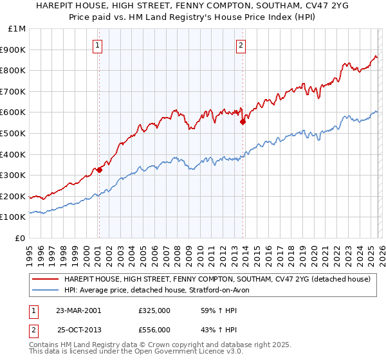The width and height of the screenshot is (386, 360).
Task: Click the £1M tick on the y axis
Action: click(x=16, y=29)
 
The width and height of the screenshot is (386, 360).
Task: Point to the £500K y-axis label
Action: click(x=14, y=133)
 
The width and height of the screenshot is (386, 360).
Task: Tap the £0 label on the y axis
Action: click(x=21, y=238)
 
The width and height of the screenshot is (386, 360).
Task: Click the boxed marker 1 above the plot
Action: click(x=98, y=45)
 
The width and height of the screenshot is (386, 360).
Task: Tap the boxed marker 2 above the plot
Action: click(x=241, y=45)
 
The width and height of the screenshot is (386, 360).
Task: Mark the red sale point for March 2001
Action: click(x=100, y=170)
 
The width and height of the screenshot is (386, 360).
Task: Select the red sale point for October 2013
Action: click(x=243, y=122)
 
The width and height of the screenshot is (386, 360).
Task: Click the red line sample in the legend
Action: click(x=46, y=280)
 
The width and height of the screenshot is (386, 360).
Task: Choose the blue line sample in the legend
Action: click(x=46, y=290)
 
